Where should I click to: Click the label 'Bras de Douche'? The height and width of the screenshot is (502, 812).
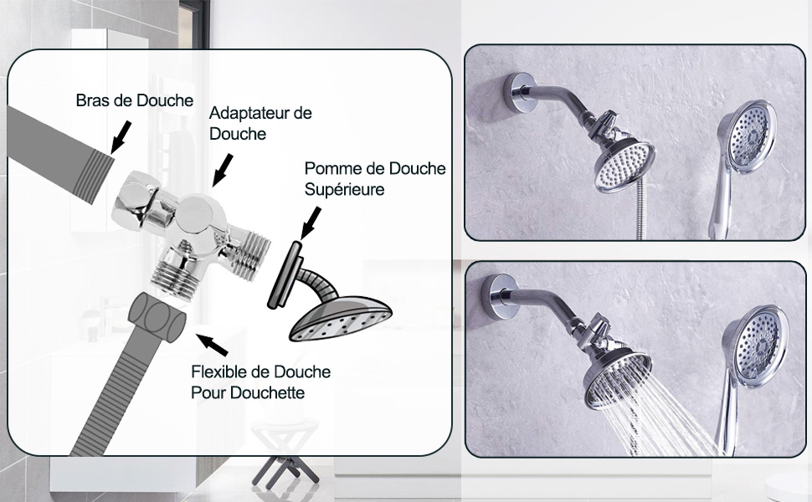point(135,100)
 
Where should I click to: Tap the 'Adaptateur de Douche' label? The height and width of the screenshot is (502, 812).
point(260,123)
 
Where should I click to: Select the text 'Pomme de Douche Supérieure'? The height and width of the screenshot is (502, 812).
point(375,178)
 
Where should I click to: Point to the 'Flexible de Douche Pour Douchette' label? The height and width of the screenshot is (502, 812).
point(261,382)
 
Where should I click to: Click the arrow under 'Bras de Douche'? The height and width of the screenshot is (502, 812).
point(121,137)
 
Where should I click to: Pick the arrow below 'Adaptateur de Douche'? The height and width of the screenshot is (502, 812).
point(223,171)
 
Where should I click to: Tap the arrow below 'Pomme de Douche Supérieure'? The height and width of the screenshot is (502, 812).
point(311,223)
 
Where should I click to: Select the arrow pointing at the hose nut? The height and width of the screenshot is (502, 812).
point(212,345)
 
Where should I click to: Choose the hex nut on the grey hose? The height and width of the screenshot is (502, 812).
point(157,317)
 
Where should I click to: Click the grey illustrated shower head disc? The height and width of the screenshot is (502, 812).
point(340,318)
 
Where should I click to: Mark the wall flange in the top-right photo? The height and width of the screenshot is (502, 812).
point(516,93)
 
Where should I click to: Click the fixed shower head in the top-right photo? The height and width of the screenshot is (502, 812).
point(624,166)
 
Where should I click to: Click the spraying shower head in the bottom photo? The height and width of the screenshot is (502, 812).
point(617,379)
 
